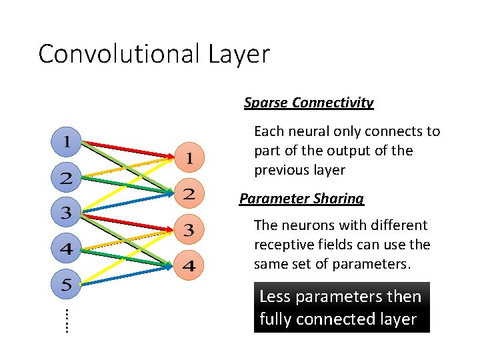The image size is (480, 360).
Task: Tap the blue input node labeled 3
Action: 67,214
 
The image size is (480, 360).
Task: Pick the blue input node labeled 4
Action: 67,250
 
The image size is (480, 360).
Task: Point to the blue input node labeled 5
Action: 67,286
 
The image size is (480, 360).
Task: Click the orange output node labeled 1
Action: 189,158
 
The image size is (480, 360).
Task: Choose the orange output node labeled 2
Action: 189,195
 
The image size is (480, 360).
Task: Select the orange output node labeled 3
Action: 189,231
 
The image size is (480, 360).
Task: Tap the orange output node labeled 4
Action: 189,267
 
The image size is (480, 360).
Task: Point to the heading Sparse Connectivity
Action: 309,103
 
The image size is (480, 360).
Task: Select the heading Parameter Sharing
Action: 302,199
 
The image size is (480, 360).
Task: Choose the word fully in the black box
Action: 274,319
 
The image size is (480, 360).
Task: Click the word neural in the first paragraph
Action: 308,131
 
